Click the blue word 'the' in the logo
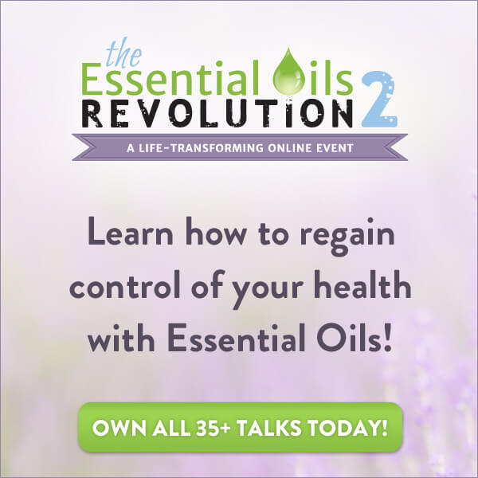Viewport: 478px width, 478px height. pyautogui.click(x=123, y=54)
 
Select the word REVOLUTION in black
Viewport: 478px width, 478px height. pyautogui.click(x=217, y=113)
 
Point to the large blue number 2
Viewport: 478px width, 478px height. pyautogui.click(x=379, y=99)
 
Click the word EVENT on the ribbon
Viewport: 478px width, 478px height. pyautogui.click(x=337, y=148)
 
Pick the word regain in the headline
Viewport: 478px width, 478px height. pyautogui.click(x=347, y=237)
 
